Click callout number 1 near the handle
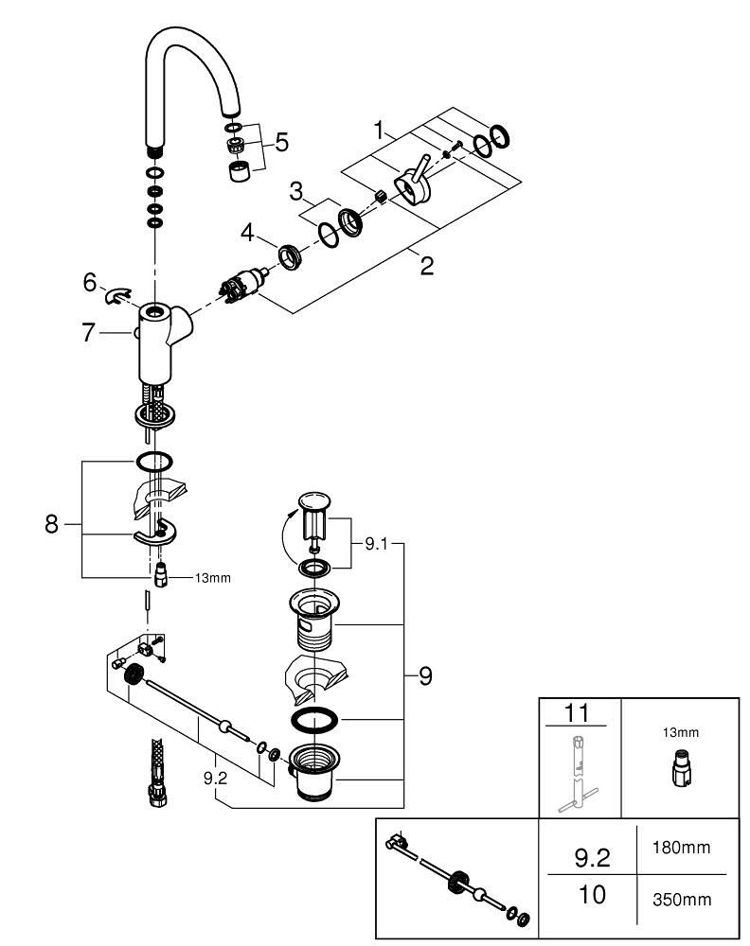coord(381,131)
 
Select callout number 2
coord(426,266)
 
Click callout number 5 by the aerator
coord(281,142)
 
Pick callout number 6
coord(90,281)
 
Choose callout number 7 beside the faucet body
coord(90,332)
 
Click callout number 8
coord(52,524)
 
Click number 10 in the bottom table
coord(591,895)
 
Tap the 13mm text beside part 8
coord(212,576)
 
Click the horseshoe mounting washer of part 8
coord(157,538)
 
